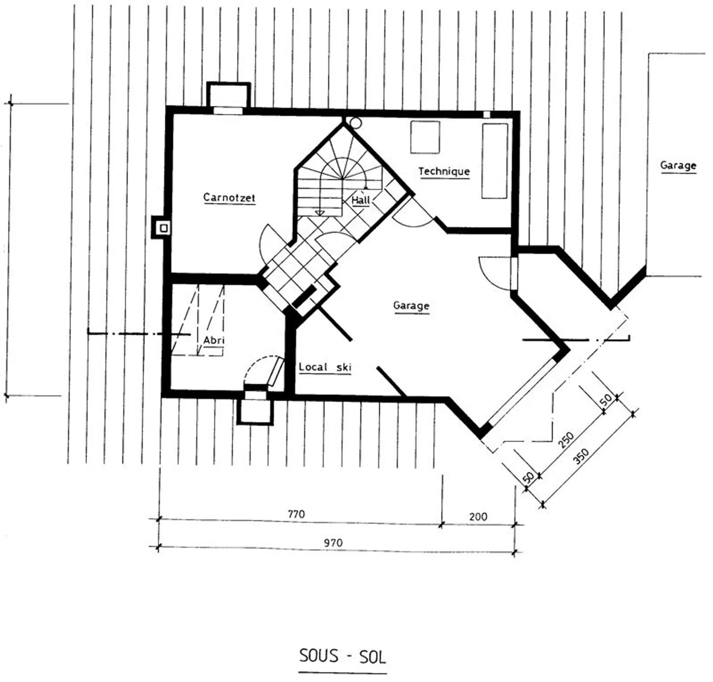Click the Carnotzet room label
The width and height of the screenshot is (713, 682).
click(x=229, y=197)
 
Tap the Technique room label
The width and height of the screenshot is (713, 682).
click(x=444, y=171)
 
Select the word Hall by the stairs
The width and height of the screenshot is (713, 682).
click(x=360, y=200)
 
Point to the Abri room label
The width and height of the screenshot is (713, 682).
click(x=214, y=340)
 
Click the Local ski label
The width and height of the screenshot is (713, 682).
click(x=325, y=367)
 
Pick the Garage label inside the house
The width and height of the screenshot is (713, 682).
click(x=411, y=306)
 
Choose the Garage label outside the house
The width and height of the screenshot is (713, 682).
click(x=678, y=165)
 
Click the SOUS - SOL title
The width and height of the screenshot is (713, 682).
click(x=343, y=656)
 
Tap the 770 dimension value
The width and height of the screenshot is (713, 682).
click(x=296, y=514)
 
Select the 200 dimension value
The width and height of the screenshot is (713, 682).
click(x=478, y=517)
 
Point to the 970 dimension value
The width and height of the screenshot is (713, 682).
click(x=333, y=543)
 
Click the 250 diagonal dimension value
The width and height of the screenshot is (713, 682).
click(x=566, y=440)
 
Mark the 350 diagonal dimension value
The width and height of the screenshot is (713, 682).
click(x=581, y=456)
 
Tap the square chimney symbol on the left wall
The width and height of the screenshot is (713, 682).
click(x=164, y=228)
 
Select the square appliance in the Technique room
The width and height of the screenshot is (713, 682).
click(x=425, y=137)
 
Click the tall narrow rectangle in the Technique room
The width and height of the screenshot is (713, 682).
click(x=495, y=161)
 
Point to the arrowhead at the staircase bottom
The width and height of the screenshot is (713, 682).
click(x=319, y=213)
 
